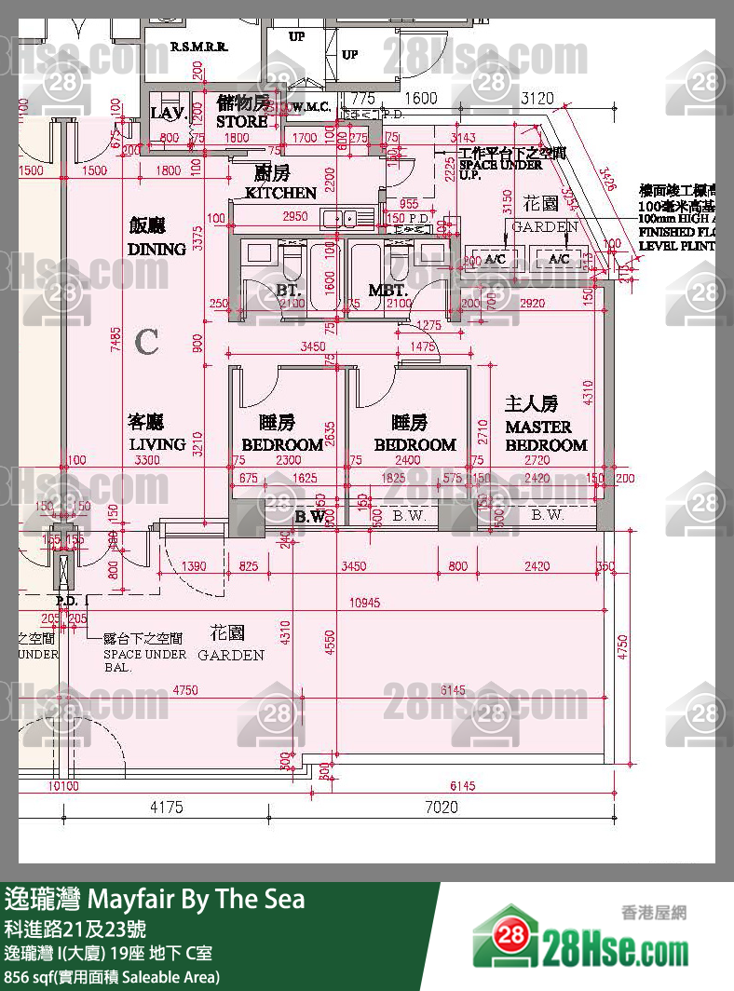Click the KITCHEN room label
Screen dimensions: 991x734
pos(280,193)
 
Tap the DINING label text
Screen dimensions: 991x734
pos(156,249)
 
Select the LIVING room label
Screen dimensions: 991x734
pos(156,444)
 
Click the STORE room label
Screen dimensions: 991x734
pos(242,121)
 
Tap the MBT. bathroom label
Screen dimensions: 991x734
pos(387,291)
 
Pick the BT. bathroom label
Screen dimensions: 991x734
pos(288,291)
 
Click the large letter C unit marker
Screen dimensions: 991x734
pos(147,342)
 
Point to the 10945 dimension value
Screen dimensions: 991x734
pos(364,603)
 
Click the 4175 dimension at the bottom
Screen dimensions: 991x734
pos(166,808)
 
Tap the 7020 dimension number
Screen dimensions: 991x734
pos(441,808)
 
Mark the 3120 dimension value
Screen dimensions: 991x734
pos(537,98)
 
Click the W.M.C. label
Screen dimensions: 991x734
pos(309,107)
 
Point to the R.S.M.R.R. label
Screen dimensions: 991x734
pos(199,46)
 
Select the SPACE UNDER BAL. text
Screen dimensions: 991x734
pos(144,660)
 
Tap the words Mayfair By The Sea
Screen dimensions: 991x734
pos(196,899)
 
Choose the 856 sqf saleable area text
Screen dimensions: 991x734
pos(112,976)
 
